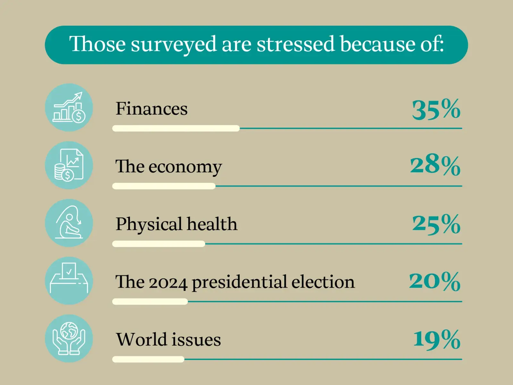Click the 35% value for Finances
point(436,110)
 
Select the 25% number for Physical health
point(436,224)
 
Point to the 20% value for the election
point(435,281)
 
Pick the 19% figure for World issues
point(437,339)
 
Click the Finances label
point(151,109)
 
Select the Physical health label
point(176,224)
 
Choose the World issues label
point(168,339)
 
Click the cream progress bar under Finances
point(176,128)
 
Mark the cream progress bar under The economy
point(164,186)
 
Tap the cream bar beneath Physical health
point(158,244)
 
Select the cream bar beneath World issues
point(148,359)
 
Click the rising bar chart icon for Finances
point(69,107)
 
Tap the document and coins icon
point(69,165)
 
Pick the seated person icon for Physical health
point(69,223)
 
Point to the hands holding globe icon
point(69,338)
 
